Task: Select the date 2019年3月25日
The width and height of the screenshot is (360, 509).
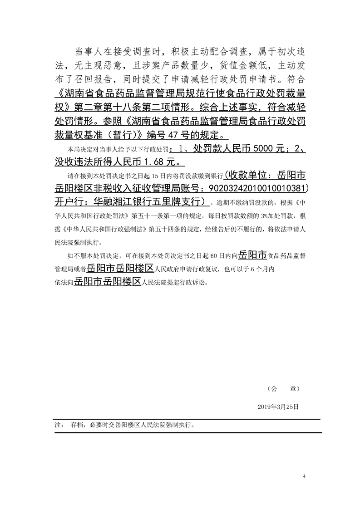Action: (277, 407)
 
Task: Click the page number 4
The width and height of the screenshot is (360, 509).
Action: (304, 476)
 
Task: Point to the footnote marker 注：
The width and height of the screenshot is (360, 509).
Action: (58, 426)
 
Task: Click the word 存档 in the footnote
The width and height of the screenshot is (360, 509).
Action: (76, 426)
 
